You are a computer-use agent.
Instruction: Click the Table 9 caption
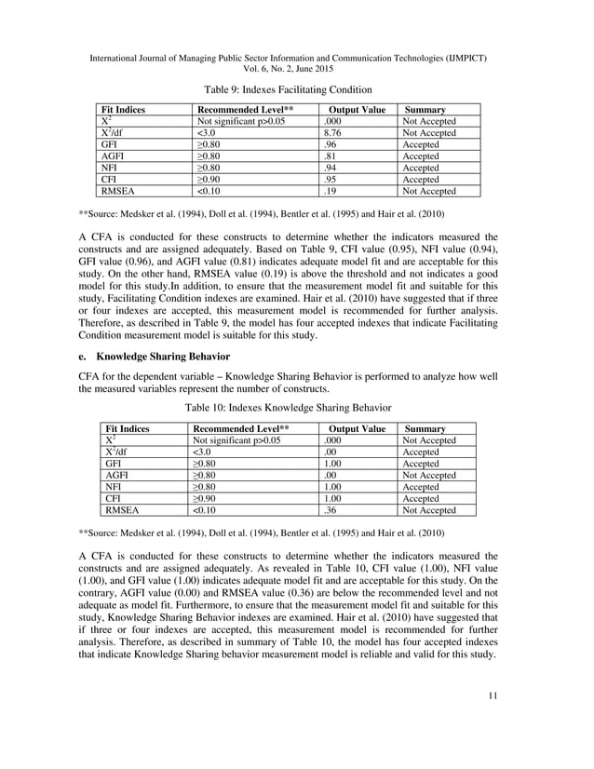tap(296, 89)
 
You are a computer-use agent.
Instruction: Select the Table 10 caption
tap(296, 408)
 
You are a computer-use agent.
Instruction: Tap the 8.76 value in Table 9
tap(330, 133)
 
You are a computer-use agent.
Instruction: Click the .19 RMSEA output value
tap(328, 191)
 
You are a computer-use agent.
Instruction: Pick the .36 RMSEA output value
tap(328, 509)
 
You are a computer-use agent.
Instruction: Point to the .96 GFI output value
tap(328, 145)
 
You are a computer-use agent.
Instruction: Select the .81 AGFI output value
tap(328, 156)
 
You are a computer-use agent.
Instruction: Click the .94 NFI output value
tap(328, 168)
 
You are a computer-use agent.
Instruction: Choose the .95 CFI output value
tap(328, 180)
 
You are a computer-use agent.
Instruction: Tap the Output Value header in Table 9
tap(358, 110)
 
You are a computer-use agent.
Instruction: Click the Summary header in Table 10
tap(426, 428)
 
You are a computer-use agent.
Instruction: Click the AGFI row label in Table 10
tap(116, 475)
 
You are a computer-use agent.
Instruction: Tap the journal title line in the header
tap(296, 58)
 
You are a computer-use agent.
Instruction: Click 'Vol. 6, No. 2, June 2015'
tap(296, 69)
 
